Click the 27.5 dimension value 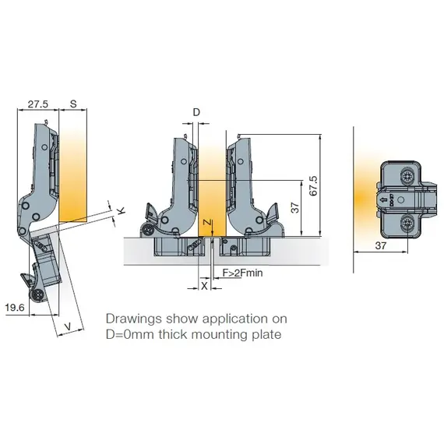36,103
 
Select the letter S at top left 72,103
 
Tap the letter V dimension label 69,326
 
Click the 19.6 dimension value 15,308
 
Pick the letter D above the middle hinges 196,113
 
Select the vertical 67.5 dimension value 313,184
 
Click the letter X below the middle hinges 205,286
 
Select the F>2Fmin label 244,273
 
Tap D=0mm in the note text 131,335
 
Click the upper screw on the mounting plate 407,178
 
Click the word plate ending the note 265,335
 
